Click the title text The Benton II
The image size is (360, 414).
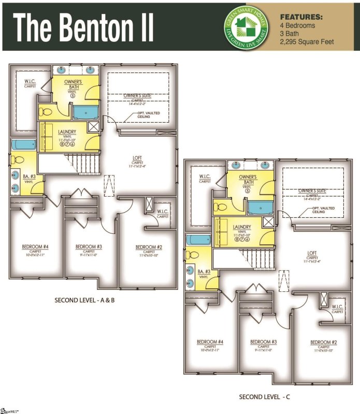click(83, 27)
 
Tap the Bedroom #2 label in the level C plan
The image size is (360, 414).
click(324, 343)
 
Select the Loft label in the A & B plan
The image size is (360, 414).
click(137, 160)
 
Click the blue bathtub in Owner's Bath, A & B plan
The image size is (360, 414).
click(85, 112)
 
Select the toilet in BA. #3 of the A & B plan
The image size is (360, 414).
click(17, 160)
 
